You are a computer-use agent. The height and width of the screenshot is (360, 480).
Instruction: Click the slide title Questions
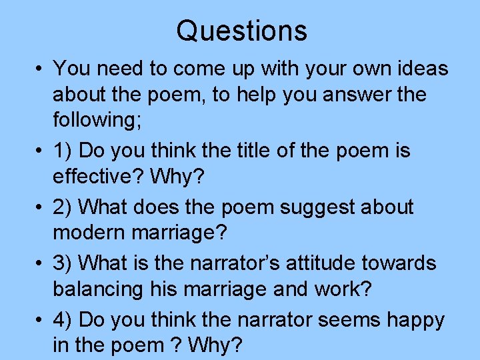[241, 31]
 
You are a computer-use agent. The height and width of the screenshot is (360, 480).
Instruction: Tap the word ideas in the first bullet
[419, 69]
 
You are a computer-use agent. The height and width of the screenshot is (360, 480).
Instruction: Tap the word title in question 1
[258, 151]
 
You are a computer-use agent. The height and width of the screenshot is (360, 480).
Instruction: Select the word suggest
[320, 207]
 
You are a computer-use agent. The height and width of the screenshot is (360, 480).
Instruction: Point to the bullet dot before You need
[41, 69]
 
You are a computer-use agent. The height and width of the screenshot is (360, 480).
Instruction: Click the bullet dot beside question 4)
[41, 320]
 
